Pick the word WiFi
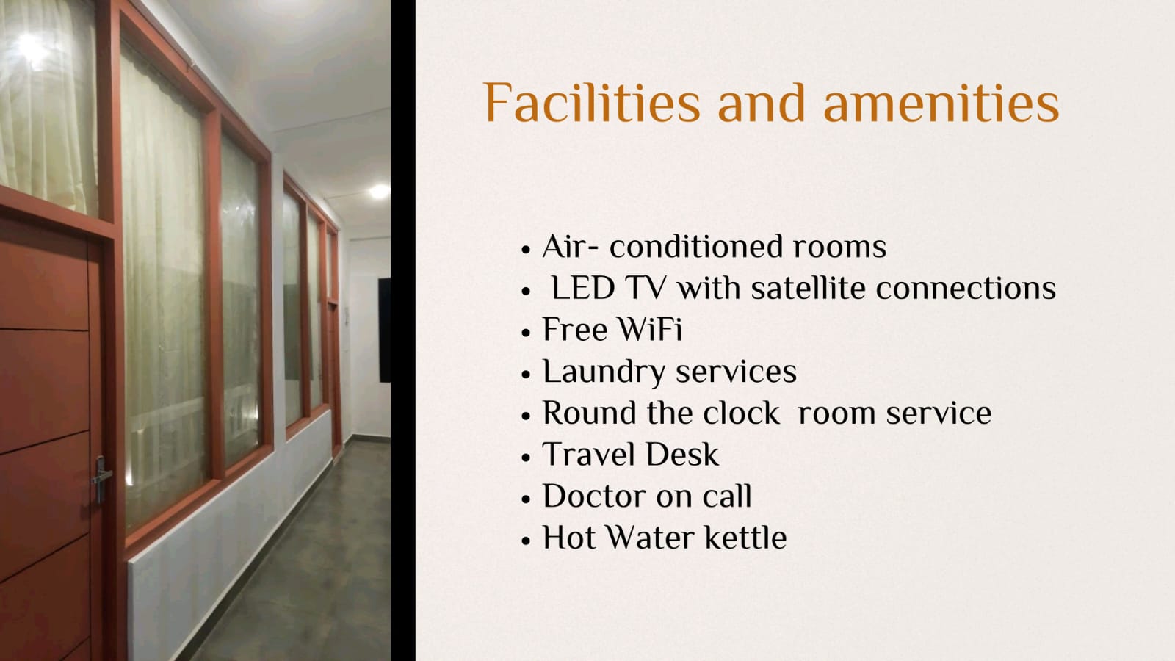click(649, 330)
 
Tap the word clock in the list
click(741, 413)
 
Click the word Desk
click(682, 455)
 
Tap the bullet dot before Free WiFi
click(526, 333)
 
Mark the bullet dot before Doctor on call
click(526, 499)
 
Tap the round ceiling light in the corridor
click(379, 192)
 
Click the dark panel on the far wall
click(385, 330)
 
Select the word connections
click(966, 289)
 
